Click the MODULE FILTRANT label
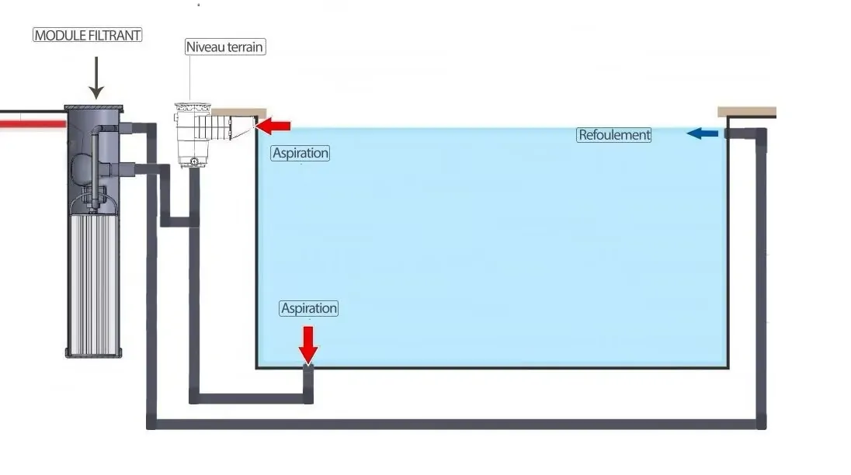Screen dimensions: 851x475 pyautogui.click(x=88, y=35)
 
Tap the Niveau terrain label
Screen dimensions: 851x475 pyautogui.click(x=224, y=47)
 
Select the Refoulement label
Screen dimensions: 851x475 pyautogui.click(x=614, y=135)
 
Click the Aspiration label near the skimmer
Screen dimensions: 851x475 pyautogui.click(x=300, y=154)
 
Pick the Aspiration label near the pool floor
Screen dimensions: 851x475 pyautogui.click(x=309, y=309)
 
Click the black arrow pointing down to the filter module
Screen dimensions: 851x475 pyautogui.click(x=96, y=78)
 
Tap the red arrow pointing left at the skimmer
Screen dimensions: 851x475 pyautogui.click(x=273, y=127)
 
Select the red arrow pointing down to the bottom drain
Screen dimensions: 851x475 pyautogui.click(x=308, y=345)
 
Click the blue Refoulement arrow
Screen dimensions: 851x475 pyautogui.click(x=702, y=133)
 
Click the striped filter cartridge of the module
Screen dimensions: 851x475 pyautogui.click(x=94, y=285)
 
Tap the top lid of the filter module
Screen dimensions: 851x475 pyautogui.click(x=94, y=109)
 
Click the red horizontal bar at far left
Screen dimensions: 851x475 pyautogui.click(x=33, y=124)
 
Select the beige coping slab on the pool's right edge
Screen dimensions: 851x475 pyautogui.click(x=747, y=113)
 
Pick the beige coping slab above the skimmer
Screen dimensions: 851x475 pyautogui.click(x=239, y=113)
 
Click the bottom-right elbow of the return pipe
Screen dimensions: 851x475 pyautogui.click(x=761, y=423)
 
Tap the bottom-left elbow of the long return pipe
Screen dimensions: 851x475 pyautogui.click(x=151, y=423)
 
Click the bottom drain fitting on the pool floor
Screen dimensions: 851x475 pyautogui.click(x=308, y=369)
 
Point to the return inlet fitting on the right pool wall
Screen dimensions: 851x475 pyautogui.click(x=730, y=133)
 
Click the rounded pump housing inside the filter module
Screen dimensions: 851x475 pyautogui.click(x=82, y=169)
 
